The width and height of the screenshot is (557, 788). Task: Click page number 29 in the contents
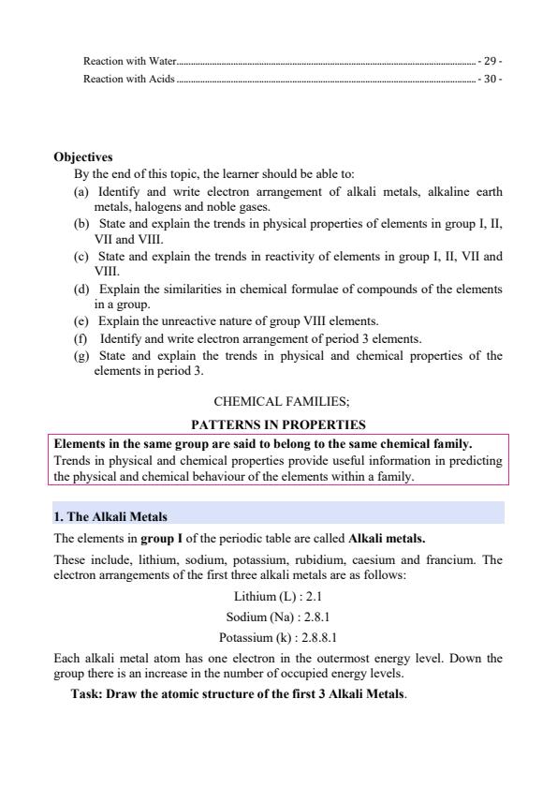(491, 61)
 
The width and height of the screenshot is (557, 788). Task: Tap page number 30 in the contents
(491, 80)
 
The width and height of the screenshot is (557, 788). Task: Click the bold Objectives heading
(83, 157)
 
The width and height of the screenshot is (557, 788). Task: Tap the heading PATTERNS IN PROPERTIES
(278, 424)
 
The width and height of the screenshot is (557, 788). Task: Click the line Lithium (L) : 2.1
(278, 596)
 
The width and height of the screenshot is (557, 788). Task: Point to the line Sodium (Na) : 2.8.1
(278, 617)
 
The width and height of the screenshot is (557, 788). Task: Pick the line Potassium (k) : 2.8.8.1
(278, 639)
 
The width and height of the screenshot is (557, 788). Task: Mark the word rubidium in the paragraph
(334, 560)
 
